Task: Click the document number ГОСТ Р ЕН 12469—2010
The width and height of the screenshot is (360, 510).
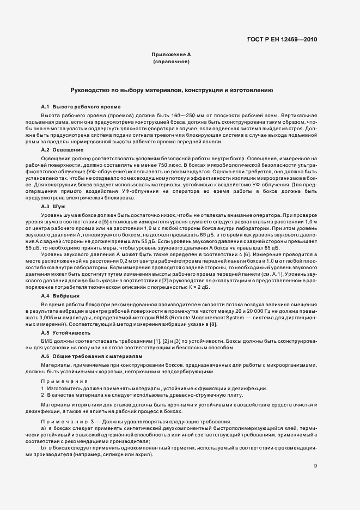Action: [x=282, y=40]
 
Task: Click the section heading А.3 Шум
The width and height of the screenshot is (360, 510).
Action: [x=53, y=208]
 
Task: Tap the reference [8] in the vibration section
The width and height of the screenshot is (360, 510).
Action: [x=213, y=324]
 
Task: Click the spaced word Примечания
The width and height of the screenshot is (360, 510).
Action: [x=64, y=381]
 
